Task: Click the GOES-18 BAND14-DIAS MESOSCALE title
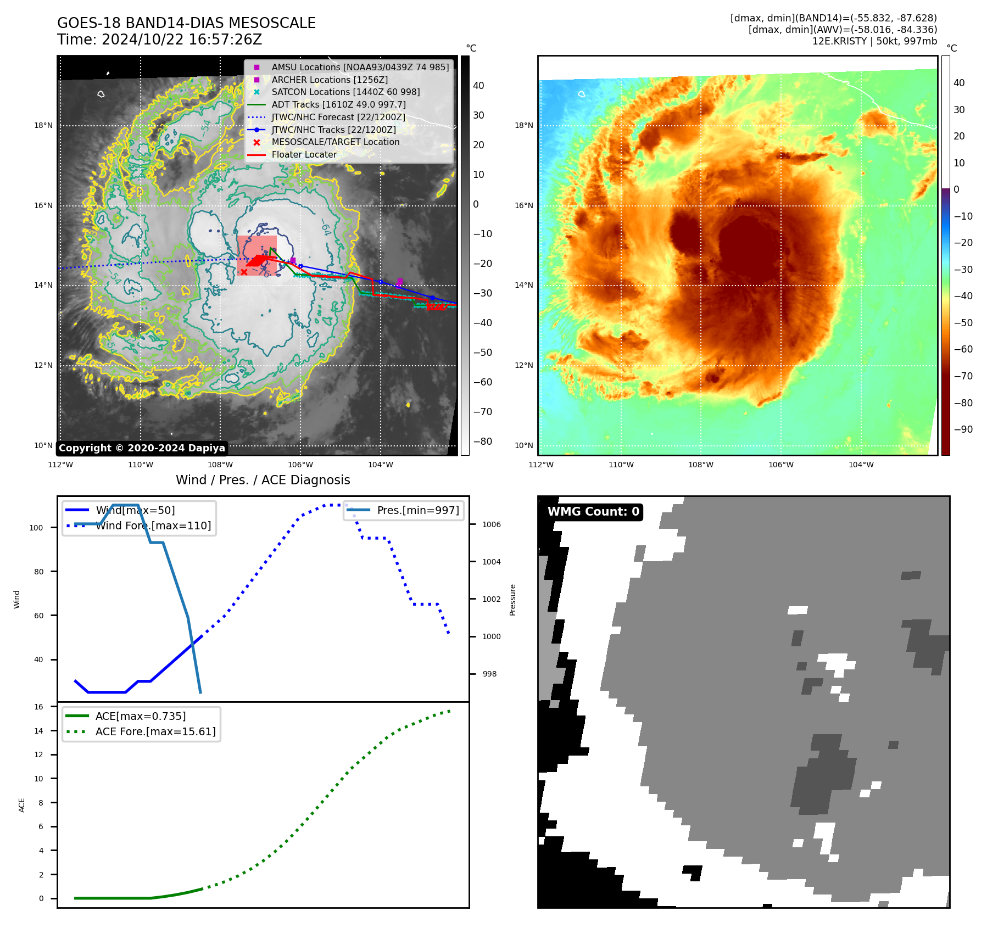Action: (186, 23)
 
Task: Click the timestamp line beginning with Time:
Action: (159, 40)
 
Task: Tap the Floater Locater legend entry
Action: (304, 154)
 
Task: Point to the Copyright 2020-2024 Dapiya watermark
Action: (142, 448)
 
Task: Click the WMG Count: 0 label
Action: (593, 512)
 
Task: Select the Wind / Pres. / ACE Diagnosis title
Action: (263, 480)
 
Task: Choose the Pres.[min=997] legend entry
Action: (417, 510)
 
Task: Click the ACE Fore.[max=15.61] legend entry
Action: (155, 731)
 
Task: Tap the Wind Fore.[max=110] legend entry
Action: (153, 526)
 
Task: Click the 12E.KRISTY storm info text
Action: (874, 41)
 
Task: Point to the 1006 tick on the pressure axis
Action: (491, 524)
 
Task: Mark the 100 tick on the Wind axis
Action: (36, 528)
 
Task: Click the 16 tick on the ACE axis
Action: (38, 707)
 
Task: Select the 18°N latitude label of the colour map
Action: (523, 126)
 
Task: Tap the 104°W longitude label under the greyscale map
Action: (380, 465)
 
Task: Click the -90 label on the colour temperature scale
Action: (963, 429)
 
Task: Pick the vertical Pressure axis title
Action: (512, 600)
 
